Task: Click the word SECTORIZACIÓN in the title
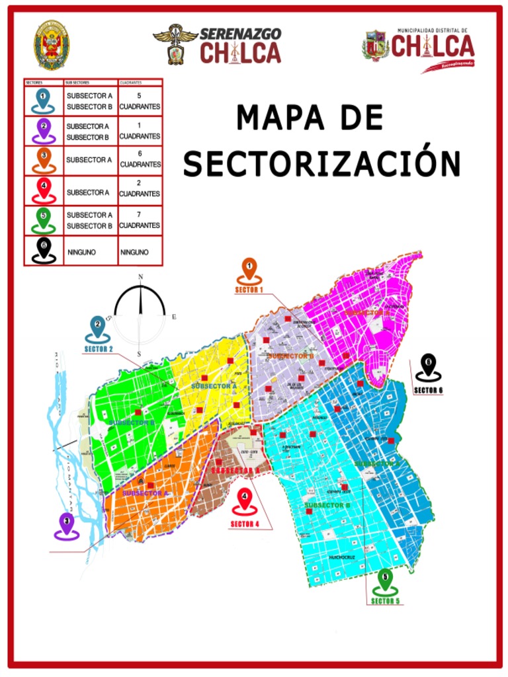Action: [321, 163]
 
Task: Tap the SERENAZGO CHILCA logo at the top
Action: [218, 45]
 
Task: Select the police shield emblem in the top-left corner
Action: [51, 45]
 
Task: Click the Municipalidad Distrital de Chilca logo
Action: [419, 48]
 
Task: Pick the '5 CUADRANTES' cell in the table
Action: [140, 101]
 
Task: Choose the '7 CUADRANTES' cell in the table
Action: [140, 220]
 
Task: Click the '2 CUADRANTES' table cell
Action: [140, 188]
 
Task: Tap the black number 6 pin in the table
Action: [44, 251]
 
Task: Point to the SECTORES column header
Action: [34, 83]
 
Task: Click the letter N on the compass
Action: [140, 277]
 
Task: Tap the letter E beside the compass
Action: [174, 317]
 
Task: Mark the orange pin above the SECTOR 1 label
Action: [249, 271]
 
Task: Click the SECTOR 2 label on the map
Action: [98, 348]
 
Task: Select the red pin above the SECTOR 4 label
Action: [245, 501]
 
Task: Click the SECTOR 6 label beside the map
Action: [428, 390]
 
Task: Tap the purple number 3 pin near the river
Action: [66, 525]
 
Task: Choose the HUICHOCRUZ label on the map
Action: [342, 557]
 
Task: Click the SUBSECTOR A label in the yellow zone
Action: [214, 385]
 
